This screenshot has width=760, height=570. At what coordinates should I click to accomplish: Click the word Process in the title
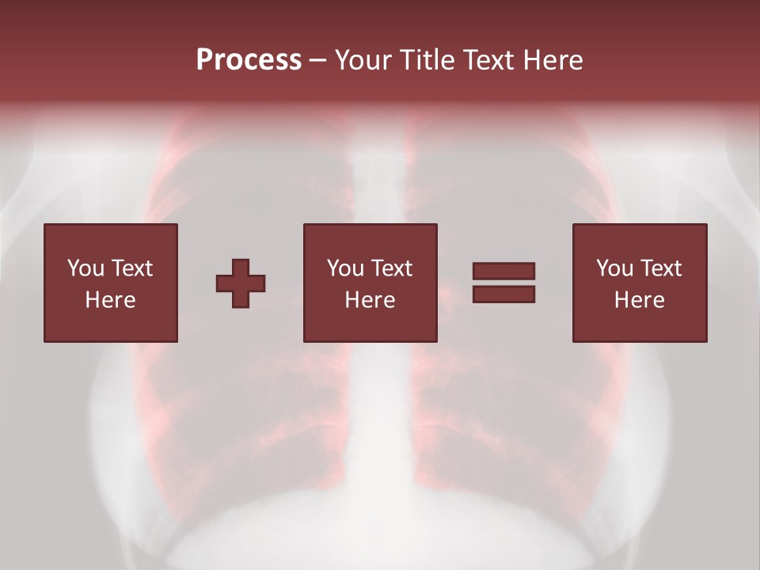pyautogui.click(x=249, y=60)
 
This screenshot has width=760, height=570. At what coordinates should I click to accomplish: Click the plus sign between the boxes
pyautogui.click(x=241, y=283)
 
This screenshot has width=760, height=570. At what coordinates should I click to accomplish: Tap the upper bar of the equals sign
pyautogui.click(x=503, y=271)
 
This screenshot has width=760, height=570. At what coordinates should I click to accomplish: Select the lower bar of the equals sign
pyautogui.click(x=503, y=294)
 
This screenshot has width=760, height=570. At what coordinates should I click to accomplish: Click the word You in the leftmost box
pyautogui.click(x=85, y=268)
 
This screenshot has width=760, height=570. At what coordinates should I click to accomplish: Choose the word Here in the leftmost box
pyautogui.click(x=110, y=300)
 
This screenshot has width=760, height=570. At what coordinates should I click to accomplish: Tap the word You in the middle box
pyautogui.click(x=345, y=268)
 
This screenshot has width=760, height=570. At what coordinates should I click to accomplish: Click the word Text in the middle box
pyautogui.click(x=391, y=268)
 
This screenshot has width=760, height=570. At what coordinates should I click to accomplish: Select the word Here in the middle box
pyautogui.click(x=370, y=300)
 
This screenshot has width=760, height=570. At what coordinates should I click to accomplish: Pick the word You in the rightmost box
pyautogui.click(x=614, y=268)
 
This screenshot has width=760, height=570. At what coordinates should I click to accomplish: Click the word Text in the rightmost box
pyautogui.click(x=660, y=268)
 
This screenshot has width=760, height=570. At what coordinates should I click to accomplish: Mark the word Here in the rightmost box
pyautogui.click(x=639, y=300)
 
